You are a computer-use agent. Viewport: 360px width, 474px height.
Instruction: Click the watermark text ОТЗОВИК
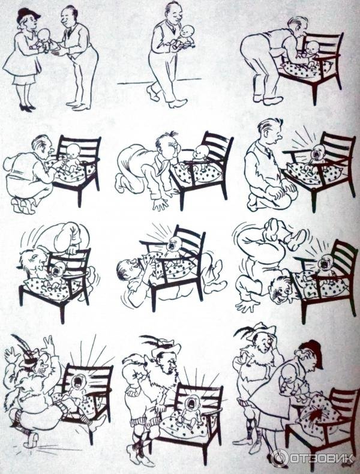tap(322, 458)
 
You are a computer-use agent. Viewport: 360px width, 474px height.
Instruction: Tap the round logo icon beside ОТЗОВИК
tap(279, 458)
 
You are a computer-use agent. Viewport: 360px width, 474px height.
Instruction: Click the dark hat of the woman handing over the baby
tap(28, 15)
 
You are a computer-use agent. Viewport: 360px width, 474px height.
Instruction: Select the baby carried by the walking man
tap(183, 37)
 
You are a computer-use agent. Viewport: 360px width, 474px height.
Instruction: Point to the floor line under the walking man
tap(158, 82)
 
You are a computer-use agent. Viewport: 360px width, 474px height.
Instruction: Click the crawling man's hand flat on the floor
tap(160, 205)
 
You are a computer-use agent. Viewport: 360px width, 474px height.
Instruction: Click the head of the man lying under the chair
tap(128, 270)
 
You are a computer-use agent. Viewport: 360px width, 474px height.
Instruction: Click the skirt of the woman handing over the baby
tap(23, 79)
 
